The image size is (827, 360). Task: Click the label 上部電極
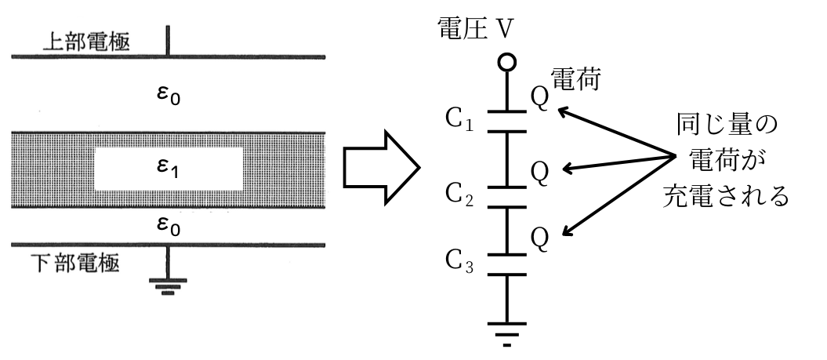[86, 41]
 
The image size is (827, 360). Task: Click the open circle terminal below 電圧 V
[507, 63]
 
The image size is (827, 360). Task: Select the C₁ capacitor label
[458, 122]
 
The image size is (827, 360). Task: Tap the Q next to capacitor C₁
[540, 106]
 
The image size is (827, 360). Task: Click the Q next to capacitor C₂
[540, 172]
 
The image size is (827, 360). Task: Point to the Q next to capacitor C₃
[540, 236]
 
